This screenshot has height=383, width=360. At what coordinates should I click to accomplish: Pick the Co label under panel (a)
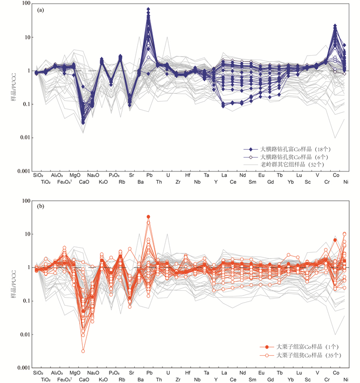tap(336, 176)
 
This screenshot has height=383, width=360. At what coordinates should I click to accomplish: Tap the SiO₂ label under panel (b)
tap(38, 372)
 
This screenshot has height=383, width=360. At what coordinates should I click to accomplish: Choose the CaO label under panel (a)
tap(84, 182)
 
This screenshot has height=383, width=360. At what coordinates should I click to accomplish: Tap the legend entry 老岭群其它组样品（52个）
tap(292, 164)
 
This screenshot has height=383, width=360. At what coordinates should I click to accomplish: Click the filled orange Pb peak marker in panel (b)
tap(149, 217)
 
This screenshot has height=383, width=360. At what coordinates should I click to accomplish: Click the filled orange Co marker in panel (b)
tap(335, 240)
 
